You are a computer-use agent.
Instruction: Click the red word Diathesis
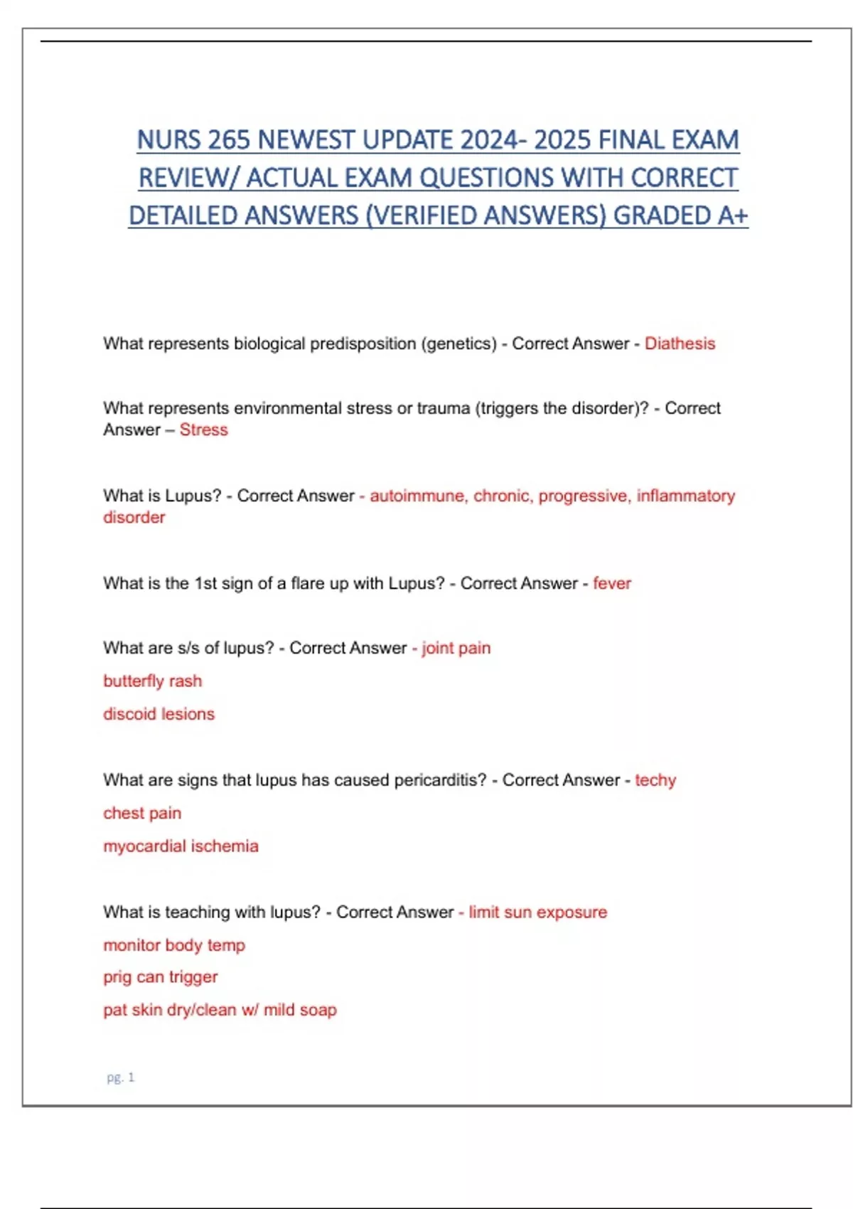tap(680, 343)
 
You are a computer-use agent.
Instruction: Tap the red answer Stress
tap(203, 430)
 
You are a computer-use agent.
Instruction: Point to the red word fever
tap(612, 583)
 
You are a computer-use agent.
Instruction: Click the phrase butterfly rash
tap(152, 681)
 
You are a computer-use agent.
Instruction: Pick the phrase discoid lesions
tap(159, 714)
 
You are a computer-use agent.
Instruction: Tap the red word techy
tap(655, 780)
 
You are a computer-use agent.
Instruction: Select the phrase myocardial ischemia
tap(181, 846)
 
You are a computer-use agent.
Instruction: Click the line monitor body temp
tap(174, 945)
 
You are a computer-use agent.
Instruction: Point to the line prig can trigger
tap(160, 977)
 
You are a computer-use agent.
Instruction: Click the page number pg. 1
tap(120, 1077)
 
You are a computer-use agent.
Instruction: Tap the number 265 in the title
tap(229, 140)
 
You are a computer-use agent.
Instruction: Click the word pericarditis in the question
tap(440, 780)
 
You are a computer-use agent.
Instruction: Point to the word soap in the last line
tap(318, 1010)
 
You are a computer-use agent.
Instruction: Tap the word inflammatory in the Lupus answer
tap(685, 496)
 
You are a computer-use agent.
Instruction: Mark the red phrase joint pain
tap(456, 648)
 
